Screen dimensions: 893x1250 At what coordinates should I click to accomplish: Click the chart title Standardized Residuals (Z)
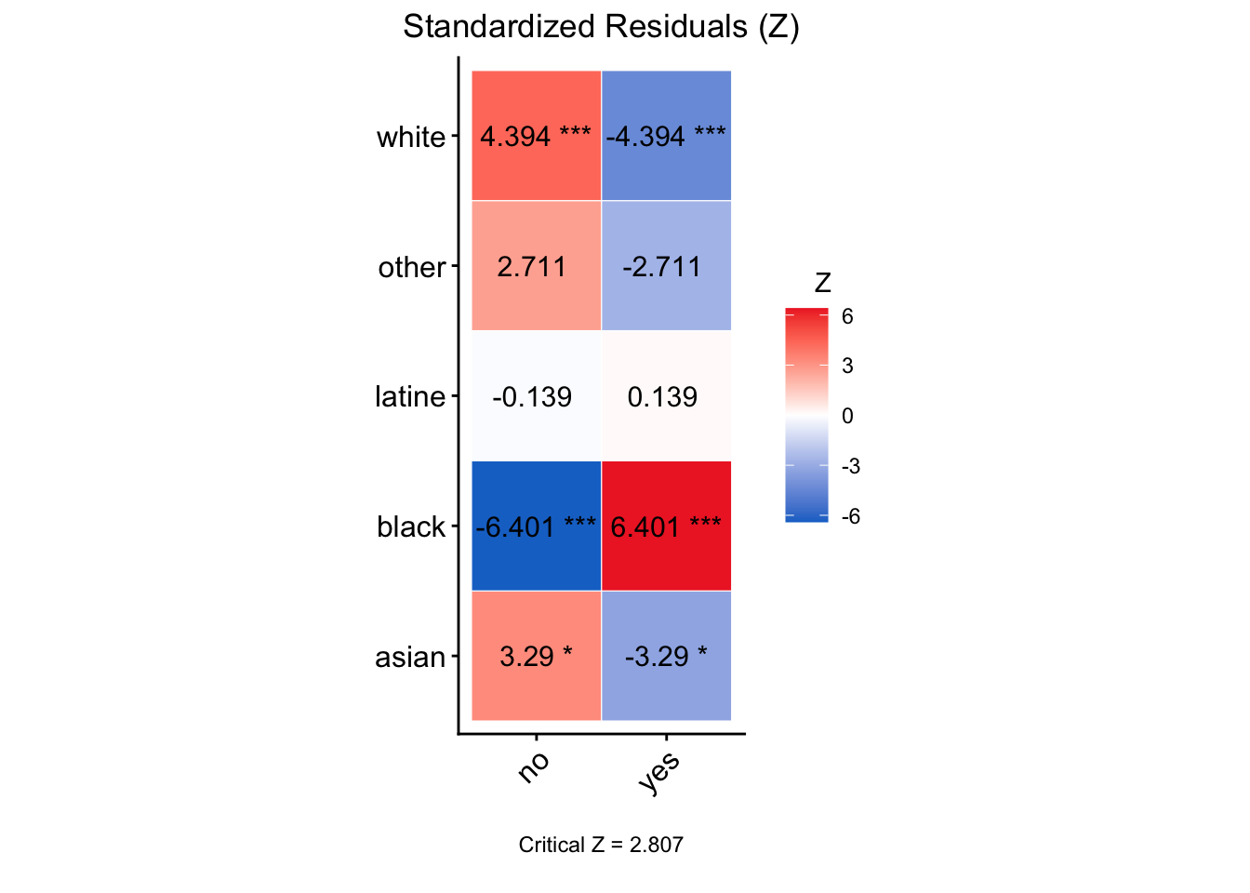(x=601, y=27)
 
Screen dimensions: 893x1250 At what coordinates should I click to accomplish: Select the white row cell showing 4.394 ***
(x=536, y=136)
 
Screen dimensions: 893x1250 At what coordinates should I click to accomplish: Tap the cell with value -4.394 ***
(x=666, y=136)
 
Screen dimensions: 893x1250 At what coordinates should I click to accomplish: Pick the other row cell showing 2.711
(x=536, y=266)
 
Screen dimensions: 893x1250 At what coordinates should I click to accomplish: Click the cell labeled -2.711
(x=666, y=266)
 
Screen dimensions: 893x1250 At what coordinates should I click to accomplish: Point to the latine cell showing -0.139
(x=536, y=396)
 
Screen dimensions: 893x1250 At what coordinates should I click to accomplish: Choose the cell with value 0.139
(x=666, y=396)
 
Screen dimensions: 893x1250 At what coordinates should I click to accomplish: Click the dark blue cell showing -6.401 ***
(x=536, y=526)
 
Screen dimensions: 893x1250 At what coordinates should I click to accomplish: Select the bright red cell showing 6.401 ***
(x=666, y=526)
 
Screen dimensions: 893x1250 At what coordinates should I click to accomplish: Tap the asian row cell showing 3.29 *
(x=536, y=656)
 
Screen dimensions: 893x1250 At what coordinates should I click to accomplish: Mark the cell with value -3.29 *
(x=666, y=656)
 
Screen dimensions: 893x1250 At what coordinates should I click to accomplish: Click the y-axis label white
(x=411, y=138)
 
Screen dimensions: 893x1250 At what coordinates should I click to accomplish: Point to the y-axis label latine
(x=409, y=397)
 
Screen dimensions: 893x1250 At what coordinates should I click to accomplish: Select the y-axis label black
(x=411, y=527)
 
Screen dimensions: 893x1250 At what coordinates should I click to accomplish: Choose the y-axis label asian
(x=410, y=658)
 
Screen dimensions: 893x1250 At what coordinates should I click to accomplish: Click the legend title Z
(x=822, y=283)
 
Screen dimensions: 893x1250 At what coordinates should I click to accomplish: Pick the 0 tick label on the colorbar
(x=847, y=416)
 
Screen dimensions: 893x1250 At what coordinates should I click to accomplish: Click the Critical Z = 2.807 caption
(x=601, y=845)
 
